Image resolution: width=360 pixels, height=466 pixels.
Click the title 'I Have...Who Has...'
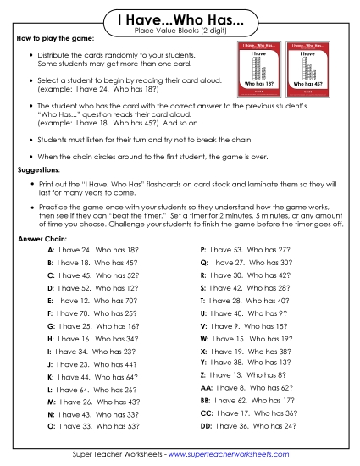pyautogui.click(x=180, y=19)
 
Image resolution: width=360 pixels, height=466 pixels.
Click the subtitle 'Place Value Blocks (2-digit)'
pyautogui.click(x=180, y=31)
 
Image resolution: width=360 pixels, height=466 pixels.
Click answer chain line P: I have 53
pyautogui.click(x=245, y=251)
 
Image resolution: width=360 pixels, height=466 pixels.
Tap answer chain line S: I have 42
pyautogui.click(x=245, y=288)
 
